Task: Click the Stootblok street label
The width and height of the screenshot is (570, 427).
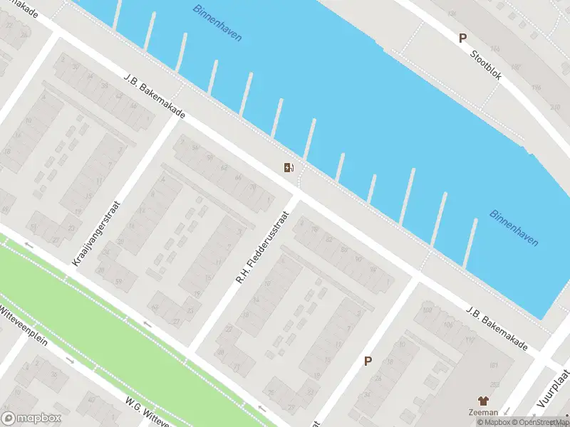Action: pos(485,65)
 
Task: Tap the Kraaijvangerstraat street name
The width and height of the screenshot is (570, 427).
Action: pos(97,233)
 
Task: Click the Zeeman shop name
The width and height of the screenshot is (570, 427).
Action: pos(482,412)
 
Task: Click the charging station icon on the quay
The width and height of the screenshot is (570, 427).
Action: pos(289,167)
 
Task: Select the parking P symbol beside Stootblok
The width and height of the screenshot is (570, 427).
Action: pos(462,38)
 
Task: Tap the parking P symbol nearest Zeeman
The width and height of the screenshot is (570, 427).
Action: pos(368,361)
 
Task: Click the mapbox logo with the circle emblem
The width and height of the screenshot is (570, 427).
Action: pos(31,418)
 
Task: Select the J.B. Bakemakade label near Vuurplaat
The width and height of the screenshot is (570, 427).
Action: pos(497,329)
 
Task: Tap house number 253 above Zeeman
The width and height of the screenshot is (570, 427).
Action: pos(494,385)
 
